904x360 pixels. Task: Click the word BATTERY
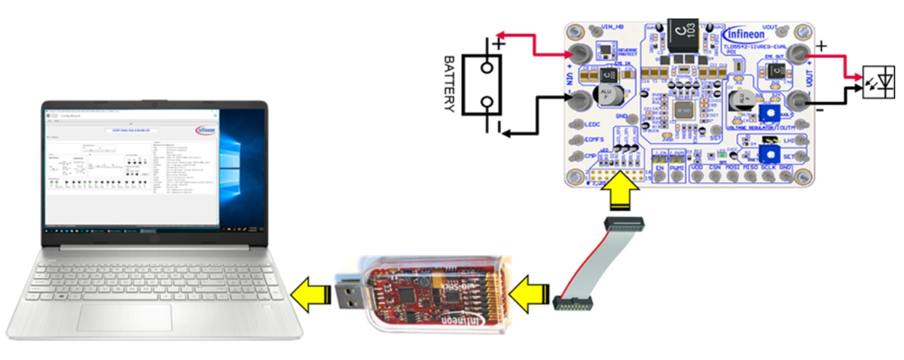[x=450, y=83]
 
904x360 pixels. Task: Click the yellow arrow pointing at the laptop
[x=310, y=290]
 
